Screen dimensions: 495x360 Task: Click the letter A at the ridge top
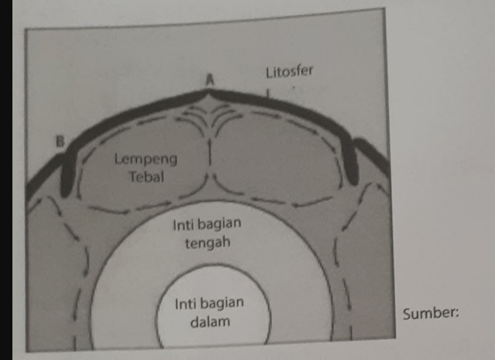(210, 80)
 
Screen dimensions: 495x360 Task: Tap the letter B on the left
(60, 142)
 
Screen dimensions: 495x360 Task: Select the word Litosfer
(289, 72)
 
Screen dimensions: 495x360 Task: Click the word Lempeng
(146, 159)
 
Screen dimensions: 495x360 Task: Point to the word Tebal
(146, 177)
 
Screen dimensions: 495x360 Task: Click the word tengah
(208, 243)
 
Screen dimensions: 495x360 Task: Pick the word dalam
(210, 322)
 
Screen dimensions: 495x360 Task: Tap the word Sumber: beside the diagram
(431, 313)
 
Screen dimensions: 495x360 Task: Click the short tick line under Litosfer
(268, 93)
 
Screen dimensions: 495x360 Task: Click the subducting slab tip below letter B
(66, 190)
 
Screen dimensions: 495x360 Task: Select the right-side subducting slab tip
(353, 178)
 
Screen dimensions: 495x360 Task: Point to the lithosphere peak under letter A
(208, 91)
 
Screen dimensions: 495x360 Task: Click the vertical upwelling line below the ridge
(210, 153)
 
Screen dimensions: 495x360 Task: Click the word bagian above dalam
(225, 303)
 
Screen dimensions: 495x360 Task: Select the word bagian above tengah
(223, 224)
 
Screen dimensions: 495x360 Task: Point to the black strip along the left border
(6, 180)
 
